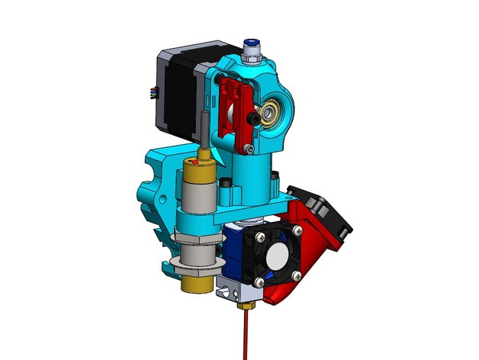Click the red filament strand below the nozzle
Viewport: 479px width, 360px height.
246,336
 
